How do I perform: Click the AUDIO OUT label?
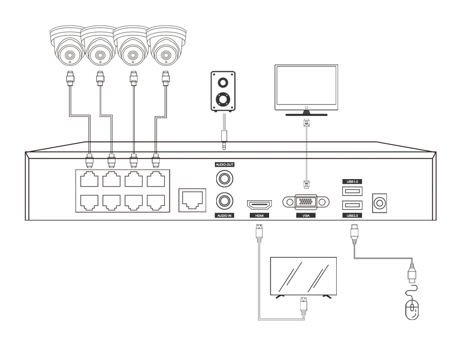[x=224, y=164]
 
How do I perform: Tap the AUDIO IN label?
[x=224, y=215]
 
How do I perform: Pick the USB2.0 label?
[x=351, y=215]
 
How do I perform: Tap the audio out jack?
[x=224, y=177]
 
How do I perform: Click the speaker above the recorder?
[x=223, y=91]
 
